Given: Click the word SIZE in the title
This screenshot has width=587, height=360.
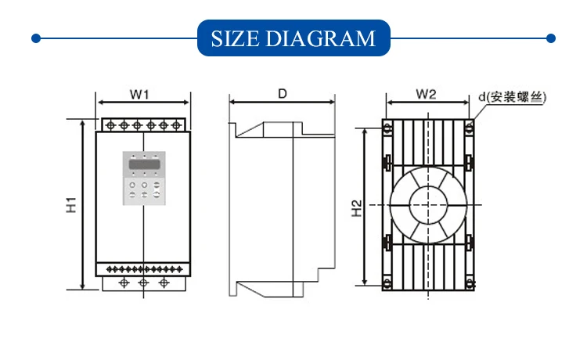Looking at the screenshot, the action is pyautogui.click(x=235, y=38).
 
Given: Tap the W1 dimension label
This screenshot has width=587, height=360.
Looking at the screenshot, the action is pyautogui.click(x=139, y=94).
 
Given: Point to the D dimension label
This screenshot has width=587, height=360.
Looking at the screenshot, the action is pyautogui.click(x=283, y=94).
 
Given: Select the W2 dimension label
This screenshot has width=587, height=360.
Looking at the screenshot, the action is pyautogui.click(x=426, y=94).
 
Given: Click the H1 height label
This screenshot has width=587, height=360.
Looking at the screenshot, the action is pyautogui.click(x=71, y=205).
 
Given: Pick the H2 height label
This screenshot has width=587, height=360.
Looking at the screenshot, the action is pyautogui.click(x=357, y=208).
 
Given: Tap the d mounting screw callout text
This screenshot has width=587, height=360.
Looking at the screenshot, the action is pyautogui.click(x=512, y=97).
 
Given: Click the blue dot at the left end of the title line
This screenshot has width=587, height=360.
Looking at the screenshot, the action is pyautogui.click(x=36, y=38).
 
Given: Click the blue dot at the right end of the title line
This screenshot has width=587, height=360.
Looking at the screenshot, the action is pyautogui.click(x=551, y=38).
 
